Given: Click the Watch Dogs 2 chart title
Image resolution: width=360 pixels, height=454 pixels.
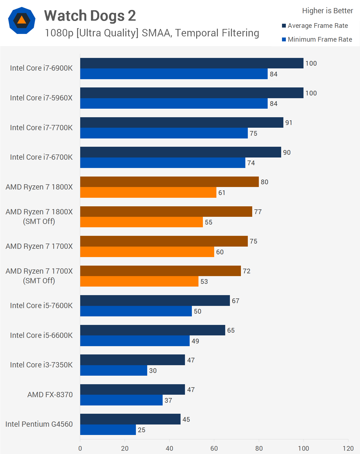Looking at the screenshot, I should (90, 16).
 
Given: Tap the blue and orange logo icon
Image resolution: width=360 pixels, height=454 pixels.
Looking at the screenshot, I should (22, 21).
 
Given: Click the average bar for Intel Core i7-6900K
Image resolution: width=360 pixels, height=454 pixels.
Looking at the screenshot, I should (192, 63).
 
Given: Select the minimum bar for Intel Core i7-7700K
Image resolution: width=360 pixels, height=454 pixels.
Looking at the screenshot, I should (164, 133).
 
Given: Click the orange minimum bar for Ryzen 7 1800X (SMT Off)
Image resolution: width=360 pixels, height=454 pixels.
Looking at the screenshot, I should (141, 222).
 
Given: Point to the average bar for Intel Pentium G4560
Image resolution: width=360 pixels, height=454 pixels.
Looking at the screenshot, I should (130, 419).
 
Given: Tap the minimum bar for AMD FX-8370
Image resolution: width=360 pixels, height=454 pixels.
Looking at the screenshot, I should (121, 400).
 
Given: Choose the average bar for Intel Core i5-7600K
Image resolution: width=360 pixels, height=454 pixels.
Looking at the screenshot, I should (155, 300).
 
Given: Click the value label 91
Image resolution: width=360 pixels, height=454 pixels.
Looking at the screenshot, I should (289, 123).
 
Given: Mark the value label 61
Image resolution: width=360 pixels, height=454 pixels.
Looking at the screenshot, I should (222, 193).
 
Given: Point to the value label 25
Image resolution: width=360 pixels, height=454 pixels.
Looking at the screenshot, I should (141, 430).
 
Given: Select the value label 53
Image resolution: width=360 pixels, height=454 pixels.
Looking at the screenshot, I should (204, 281).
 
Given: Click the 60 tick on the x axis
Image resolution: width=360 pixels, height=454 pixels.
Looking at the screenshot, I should (214, 448).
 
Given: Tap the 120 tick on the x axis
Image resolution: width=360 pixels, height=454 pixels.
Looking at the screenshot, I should (348, 448).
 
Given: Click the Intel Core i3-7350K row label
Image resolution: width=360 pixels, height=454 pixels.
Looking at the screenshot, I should (41, 365).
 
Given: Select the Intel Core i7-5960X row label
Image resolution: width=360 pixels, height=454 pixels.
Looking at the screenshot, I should (41, 98).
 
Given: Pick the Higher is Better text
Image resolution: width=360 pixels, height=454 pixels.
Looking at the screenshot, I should (327, 11).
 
